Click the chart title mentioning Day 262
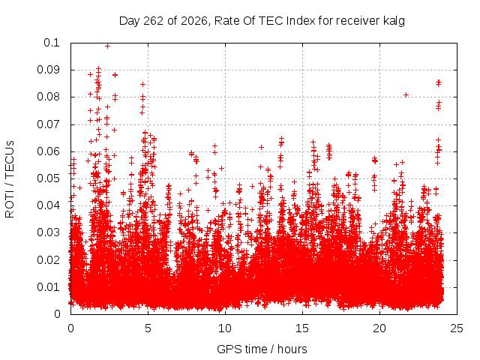coord(262,21)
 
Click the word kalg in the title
coord(394,21)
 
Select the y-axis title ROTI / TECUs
coord(10,179)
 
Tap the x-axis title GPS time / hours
coord(262,349)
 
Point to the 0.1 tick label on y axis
coord(52,43)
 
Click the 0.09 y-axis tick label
coord(48,70)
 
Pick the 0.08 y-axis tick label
coord(48,97)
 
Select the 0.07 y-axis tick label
coord(48,124)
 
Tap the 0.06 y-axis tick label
coord(48,151)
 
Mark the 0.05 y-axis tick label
coord(48,178)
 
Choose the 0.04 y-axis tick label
coord(48,205)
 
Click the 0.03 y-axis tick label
coord(48,232)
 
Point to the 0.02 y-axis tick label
coord(48,260)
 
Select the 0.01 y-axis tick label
coord(48,287)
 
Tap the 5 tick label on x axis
coord(148,328)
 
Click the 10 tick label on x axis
coord(225,328)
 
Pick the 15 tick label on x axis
coord(302,328)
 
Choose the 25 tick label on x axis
coord(457,328)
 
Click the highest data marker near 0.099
coord(107,46)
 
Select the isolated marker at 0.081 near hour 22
coord(406,95)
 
